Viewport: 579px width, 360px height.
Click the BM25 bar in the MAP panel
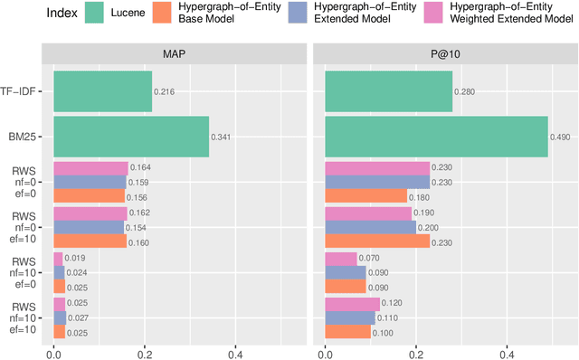click(131, 137)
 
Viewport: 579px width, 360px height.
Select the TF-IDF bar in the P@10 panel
click(388, 91)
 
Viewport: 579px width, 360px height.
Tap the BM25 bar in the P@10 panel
click(436, 137)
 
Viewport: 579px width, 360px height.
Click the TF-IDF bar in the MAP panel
click(102, 91)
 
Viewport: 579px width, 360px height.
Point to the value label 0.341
click(222, 137)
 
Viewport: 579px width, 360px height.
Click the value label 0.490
click(561, 137)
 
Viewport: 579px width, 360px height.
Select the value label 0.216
click(164, 92)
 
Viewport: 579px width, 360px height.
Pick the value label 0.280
click(465, 92)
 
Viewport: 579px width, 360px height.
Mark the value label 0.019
click(76, 258)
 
